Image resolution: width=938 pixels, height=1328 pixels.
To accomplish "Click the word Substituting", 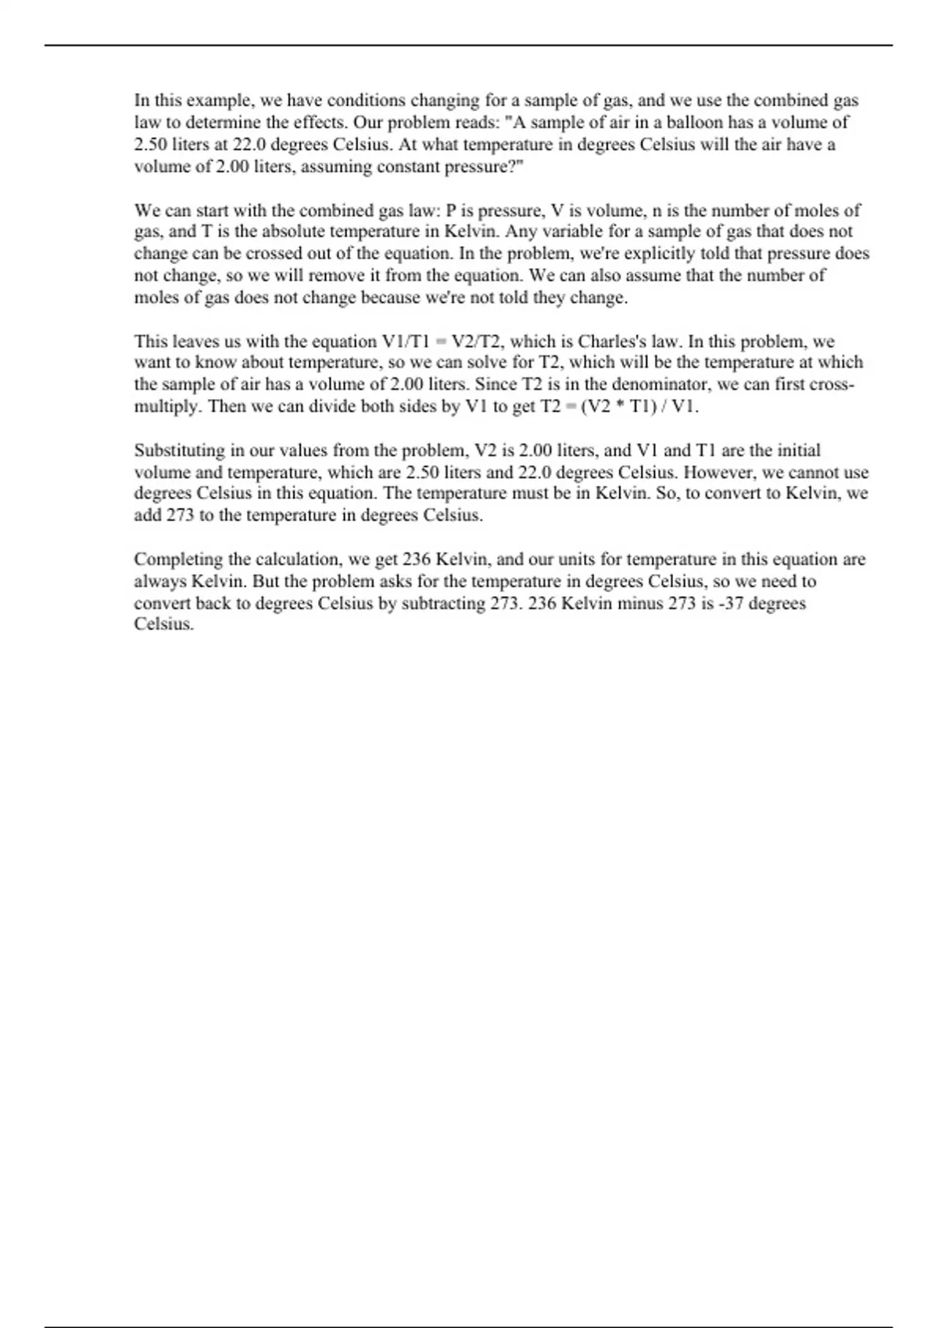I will tap(180, 451).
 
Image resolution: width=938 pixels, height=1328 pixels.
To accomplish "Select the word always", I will tap(160, 582).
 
